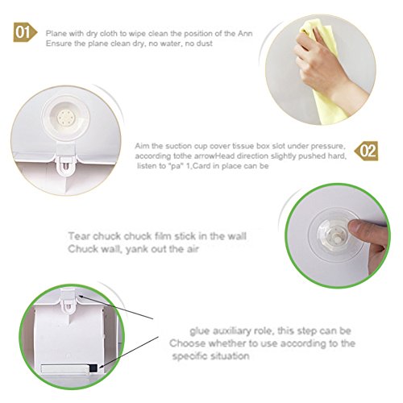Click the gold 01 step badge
[x=25, y=32]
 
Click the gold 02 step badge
[x=367, y=151]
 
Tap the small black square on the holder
[x=93, y=368]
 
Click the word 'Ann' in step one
[x=245, y=34]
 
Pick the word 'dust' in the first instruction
[x=204, y=44]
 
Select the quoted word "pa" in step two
[x=177, y=166]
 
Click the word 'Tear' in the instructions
[x=79, y=236]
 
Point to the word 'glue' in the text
[x=200, y=331]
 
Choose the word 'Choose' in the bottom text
[x=188, y=343]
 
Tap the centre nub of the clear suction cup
[x=334, y=236]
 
